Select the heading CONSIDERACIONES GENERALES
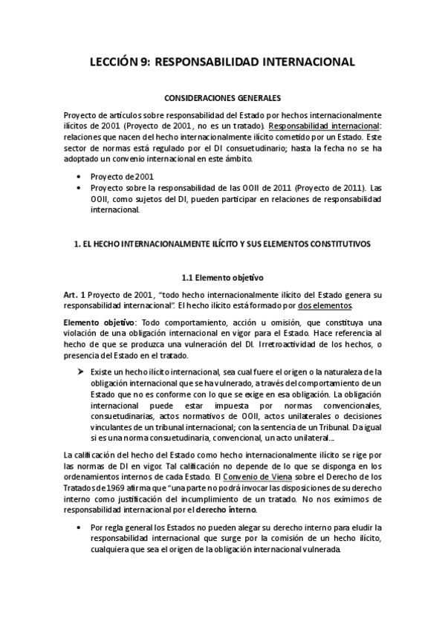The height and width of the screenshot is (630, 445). (x=222, y=98)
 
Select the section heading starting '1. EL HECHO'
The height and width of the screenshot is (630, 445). (x=222, y=244)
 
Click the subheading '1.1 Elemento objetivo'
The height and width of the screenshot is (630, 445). (x=222, y=278)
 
